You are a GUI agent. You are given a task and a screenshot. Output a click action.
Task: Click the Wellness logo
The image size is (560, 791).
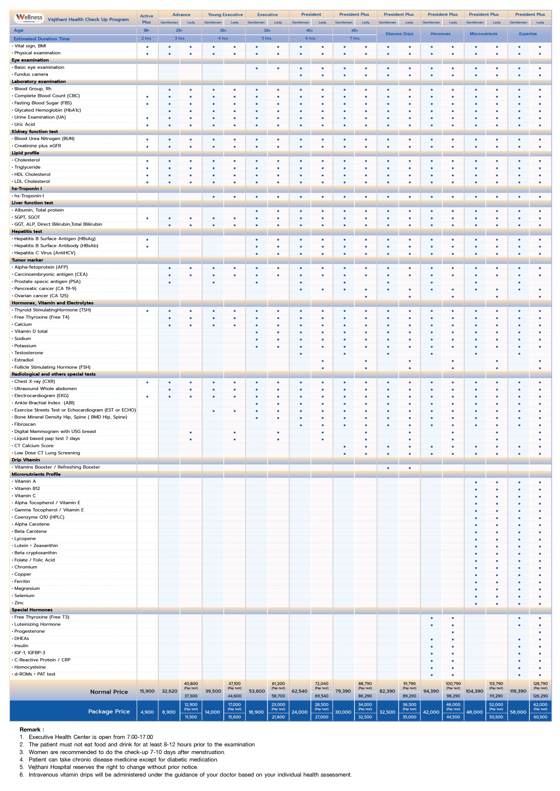click(x=29, y=18)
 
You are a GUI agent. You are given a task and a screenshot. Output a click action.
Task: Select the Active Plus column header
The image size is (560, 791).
click(x=147, y=19)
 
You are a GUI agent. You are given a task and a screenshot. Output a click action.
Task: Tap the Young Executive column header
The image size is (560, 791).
click(x=225, y=15)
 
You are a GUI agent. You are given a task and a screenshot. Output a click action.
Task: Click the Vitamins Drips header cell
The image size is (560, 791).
click(x=399, y=34)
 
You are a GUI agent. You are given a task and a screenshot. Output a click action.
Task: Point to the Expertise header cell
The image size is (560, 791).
click(x=527, y=34)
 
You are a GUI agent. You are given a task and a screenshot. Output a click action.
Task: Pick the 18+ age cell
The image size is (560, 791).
click(x=147, y=30)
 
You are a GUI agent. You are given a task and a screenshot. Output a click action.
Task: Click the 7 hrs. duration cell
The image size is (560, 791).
click(x=354, y=38)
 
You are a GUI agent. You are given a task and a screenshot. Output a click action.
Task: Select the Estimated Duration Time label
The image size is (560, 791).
click(x=41, y=39)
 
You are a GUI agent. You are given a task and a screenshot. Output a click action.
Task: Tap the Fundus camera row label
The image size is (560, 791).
click(x=31, y=74)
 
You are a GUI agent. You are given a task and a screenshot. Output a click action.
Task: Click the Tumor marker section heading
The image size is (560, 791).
click(x=27, y=260)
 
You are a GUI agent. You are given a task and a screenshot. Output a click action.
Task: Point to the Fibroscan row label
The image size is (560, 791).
click(x=25, y=425)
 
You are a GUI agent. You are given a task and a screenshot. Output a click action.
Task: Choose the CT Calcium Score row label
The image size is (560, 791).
click(x=34, y=446)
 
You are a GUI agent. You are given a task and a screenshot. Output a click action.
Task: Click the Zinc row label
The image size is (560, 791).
click(x=19, y=603)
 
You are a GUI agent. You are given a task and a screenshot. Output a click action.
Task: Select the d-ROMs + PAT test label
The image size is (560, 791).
click(x=34, y=674)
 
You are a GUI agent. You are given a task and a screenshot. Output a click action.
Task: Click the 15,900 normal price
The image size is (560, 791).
click(x=147, y=691)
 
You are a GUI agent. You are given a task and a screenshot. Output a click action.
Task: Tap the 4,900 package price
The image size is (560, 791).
click(x=147, y=712)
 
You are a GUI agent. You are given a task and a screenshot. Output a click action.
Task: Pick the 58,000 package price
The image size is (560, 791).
click(x=518, y=712)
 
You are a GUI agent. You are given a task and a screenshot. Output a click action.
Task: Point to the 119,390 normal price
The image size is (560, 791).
click(x=518, y=691)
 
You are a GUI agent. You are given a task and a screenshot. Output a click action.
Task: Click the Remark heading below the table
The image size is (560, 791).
click(x=32, y=730)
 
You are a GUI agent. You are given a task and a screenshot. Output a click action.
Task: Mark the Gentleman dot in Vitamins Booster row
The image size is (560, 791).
click(x=388, y=468)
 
